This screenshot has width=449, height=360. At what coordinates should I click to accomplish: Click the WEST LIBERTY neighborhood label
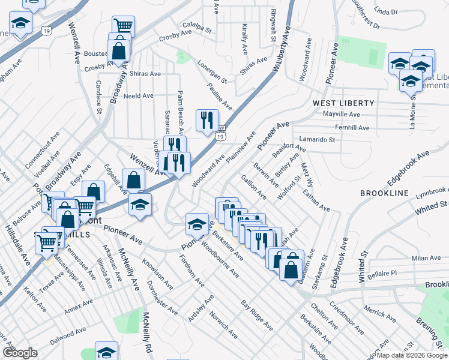coord(343,103)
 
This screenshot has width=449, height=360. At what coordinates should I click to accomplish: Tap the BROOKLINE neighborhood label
coord(384,194)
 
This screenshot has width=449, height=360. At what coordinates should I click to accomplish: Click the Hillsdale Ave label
coord(25,251)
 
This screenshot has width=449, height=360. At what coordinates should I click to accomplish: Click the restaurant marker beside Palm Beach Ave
coord(207,119)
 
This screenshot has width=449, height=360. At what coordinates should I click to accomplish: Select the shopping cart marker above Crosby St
coord(123,25)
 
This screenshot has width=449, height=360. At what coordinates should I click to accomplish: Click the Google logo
coord(20,353)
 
